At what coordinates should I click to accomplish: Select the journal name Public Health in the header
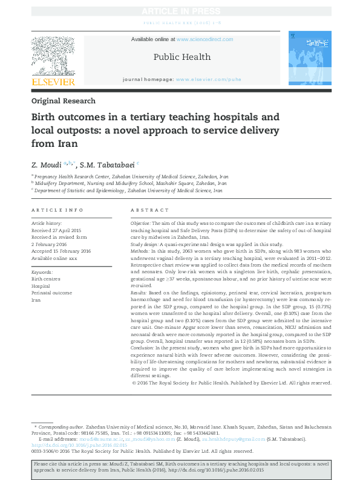pyautogui.click(x=182, y=57)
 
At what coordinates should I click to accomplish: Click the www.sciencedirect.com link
pyautogui.click(x=205, y=39)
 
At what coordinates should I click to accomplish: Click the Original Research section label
pyautogui.click(x=63, y=101)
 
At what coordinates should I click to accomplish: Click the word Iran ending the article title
pyautogui.click(x=67, y=144)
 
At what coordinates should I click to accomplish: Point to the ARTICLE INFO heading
pyautogui.click(x=57, y=210)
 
